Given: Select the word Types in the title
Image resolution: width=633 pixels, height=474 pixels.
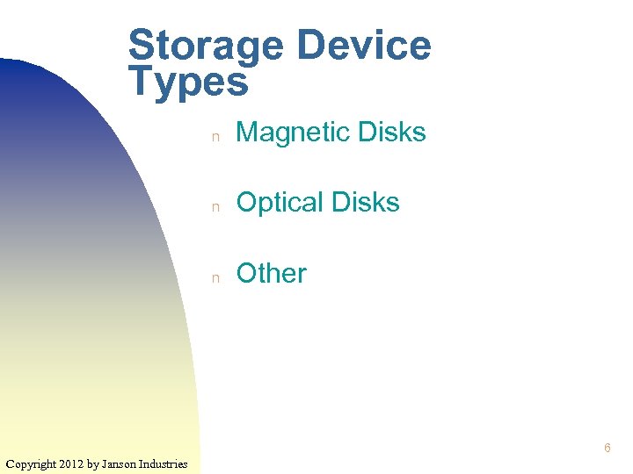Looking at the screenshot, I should pyautogui.click(x=188, y=82).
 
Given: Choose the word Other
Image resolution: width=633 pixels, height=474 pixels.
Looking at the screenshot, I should pyautogui.click(x=272, y=273).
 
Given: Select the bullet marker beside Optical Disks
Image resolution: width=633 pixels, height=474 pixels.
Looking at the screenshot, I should pyautogui.click(x=214, y=206).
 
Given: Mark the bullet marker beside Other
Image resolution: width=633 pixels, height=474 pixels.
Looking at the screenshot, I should pyautogui.click(x=214, y=276).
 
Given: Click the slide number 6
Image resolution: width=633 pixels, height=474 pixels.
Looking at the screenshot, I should pyautogui.click(x=608, y=449).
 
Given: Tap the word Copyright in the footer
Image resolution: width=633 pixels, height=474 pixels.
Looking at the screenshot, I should pyautogui.click(x=32, y=463).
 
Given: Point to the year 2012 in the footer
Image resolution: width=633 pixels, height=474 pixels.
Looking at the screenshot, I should pyautogui.click(x=73, y=463).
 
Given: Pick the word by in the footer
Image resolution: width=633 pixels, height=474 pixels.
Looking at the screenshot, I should pyautogui.click(x=92, y=463).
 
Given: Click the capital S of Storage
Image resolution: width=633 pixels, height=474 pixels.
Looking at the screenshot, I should pyautogui.click(x=141, y=46).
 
